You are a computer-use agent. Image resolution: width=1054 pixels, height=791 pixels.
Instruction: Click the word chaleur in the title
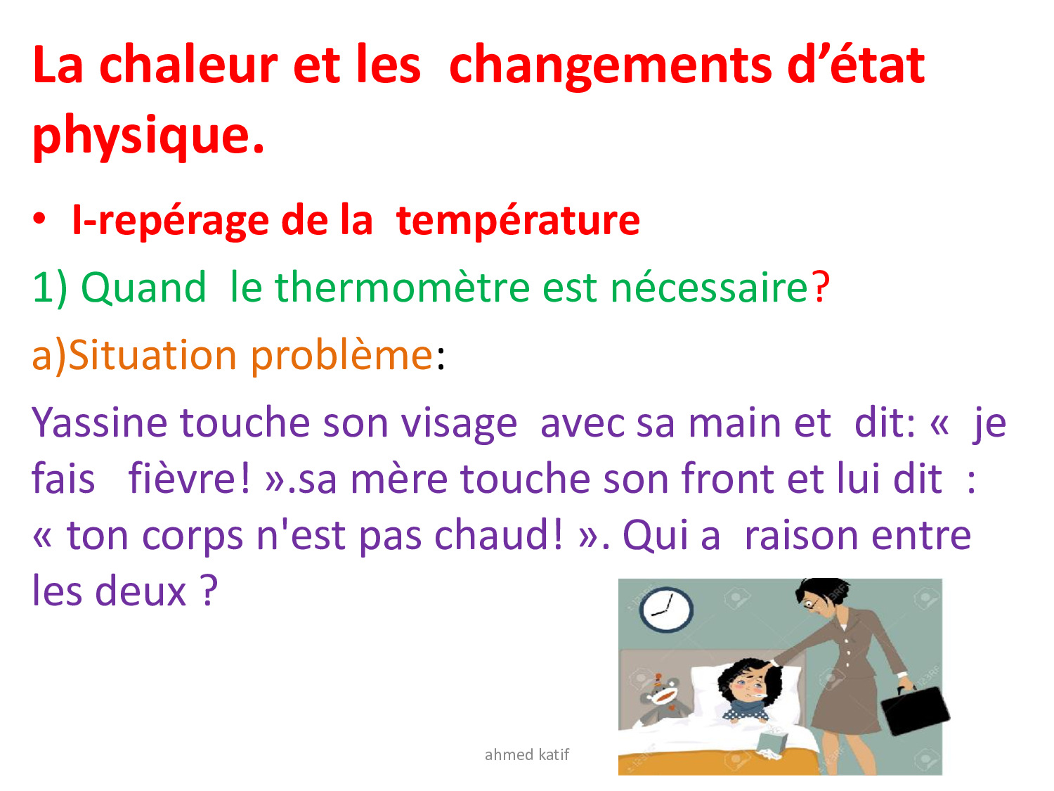188,65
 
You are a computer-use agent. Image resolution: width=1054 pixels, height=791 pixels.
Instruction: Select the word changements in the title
610,67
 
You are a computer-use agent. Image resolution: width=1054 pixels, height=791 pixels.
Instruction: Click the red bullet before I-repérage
39,219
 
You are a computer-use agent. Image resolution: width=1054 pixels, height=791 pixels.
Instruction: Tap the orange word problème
342,357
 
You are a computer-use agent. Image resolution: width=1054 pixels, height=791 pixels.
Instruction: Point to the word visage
459,425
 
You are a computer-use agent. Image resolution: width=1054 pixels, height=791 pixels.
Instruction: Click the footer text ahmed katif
526,754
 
